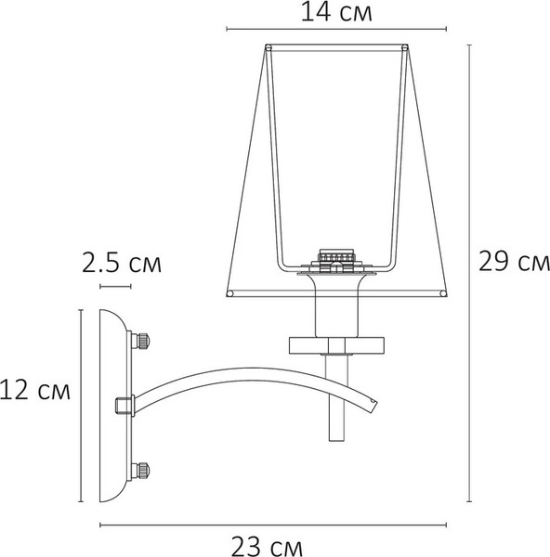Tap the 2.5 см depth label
[121, 264]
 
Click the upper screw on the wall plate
[143, 340]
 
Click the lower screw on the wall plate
[143, 470]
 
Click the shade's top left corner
[268, 46]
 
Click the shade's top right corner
[406, 46]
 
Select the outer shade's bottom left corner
[229, 294]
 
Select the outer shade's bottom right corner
[444, 294]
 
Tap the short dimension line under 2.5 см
[116, 287]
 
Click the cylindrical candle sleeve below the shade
[336, 306]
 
